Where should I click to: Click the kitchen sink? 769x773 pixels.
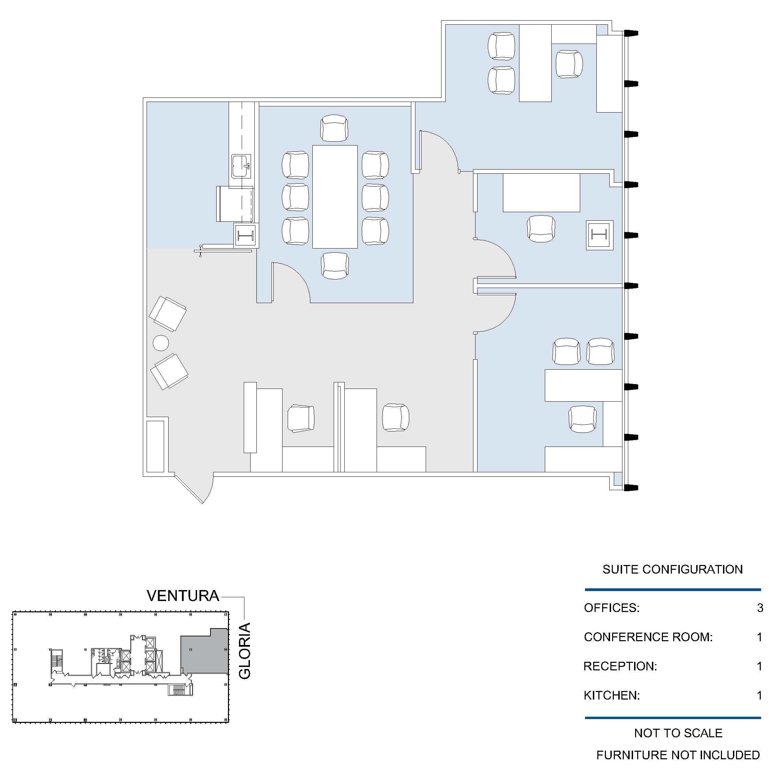point(241,166)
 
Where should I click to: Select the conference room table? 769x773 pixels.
point(335,196)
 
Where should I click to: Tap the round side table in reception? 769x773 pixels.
point(161,343)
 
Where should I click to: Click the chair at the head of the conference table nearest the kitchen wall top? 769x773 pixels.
point(334,128)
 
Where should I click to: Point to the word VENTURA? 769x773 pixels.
point(183,596)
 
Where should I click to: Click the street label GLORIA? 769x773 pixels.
point(244,651)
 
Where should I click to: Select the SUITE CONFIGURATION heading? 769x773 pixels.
point(673,569)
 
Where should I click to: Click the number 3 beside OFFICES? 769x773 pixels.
point(760,608)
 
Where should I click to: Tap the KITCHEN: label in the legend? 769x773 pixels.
point(612,695)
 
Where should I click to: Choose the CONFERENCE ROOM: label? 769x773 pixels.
point(648,637)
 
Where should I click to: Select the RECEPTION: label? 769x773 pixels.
point(620,666)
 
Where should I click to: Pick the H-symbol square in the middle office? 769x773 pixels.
point(599,235)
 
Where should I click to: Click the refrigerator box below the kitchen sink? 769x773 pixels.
point(235,204)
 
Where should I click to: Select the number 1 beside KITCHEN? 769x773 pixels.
point(760,695)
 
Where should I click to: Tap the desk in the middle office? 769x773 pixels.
point(541,193)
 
